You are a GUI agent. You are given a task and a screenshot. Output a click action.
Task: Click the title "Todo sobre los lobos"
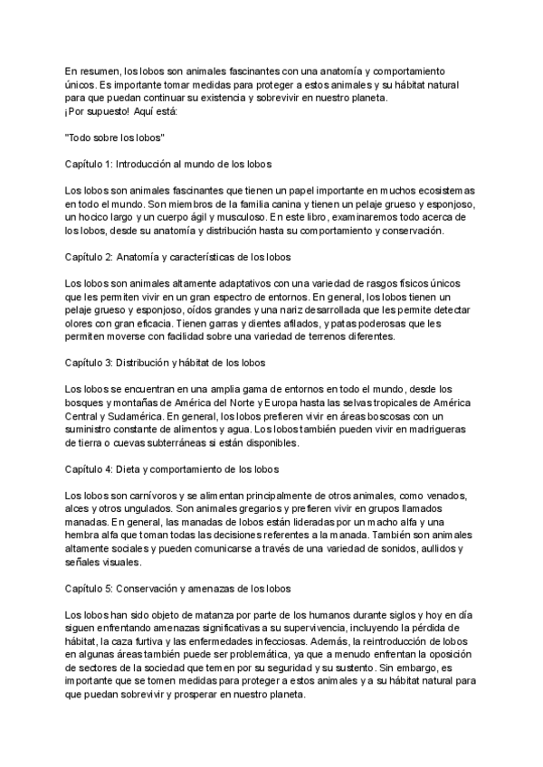tap(113, 137)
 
